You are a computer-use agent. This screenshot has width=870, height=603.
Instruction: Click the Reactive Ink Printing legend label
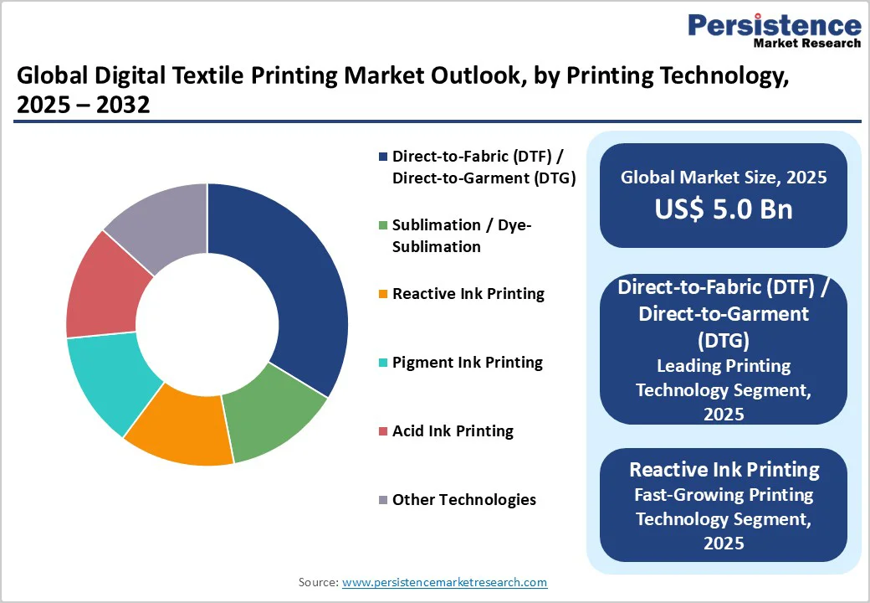pyautogui.click(x=468, y=294)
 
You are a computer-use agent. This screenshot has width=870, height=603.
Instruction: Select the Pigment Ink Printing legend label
pyautogui.click(x=467, y=363)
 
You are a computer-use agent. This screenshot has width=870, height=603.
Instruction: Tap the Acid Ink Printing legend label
pyautogui.click(x=453, y=431)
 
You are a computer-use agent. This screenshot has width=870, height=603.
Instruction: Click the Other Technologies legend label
pyautogui.click(x=463, y=500)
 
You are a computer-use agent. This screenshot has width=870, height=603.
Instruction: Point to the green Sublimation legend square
pyautogui.click(x=383, y=225)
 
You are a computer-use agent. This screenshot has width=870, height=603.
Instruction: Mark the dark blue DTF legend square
pyautogui.click(x=383, y=157)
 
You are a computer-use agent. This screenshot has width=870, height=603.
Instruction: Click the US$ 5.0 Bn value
pyautogui.click(x=724, y=209)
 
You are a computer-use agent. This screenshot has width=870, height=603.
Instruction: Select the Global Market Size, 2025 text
pyautogui.click(x=724, y=178)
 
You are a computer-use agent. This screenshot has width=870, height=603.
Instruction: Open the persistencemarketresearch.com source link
pyautogui.click(x=444, y=582)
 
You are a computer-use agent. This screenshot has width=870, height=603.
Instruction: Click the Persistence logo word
pyautogui.click(x=774, y=25)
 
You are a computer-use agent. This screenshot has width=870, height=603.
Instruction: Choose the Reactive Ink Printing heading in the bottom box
pyautogui.click(x=724, y=469)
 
